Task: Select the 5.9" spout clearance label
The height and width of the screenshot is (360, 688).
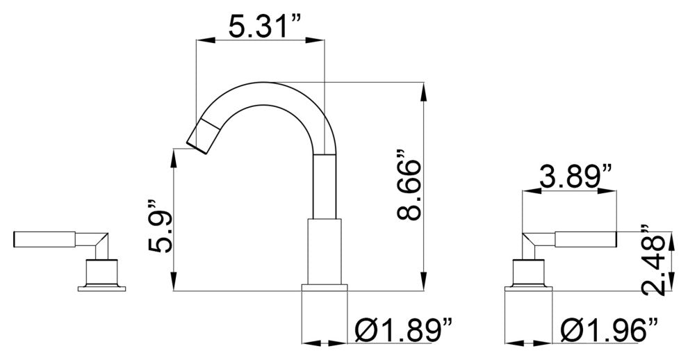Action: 160,227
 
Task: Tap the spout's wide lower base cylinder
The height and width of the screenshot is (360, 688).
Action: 325,252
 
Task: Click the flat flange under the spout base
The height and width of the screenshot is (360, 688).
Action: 325,288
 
